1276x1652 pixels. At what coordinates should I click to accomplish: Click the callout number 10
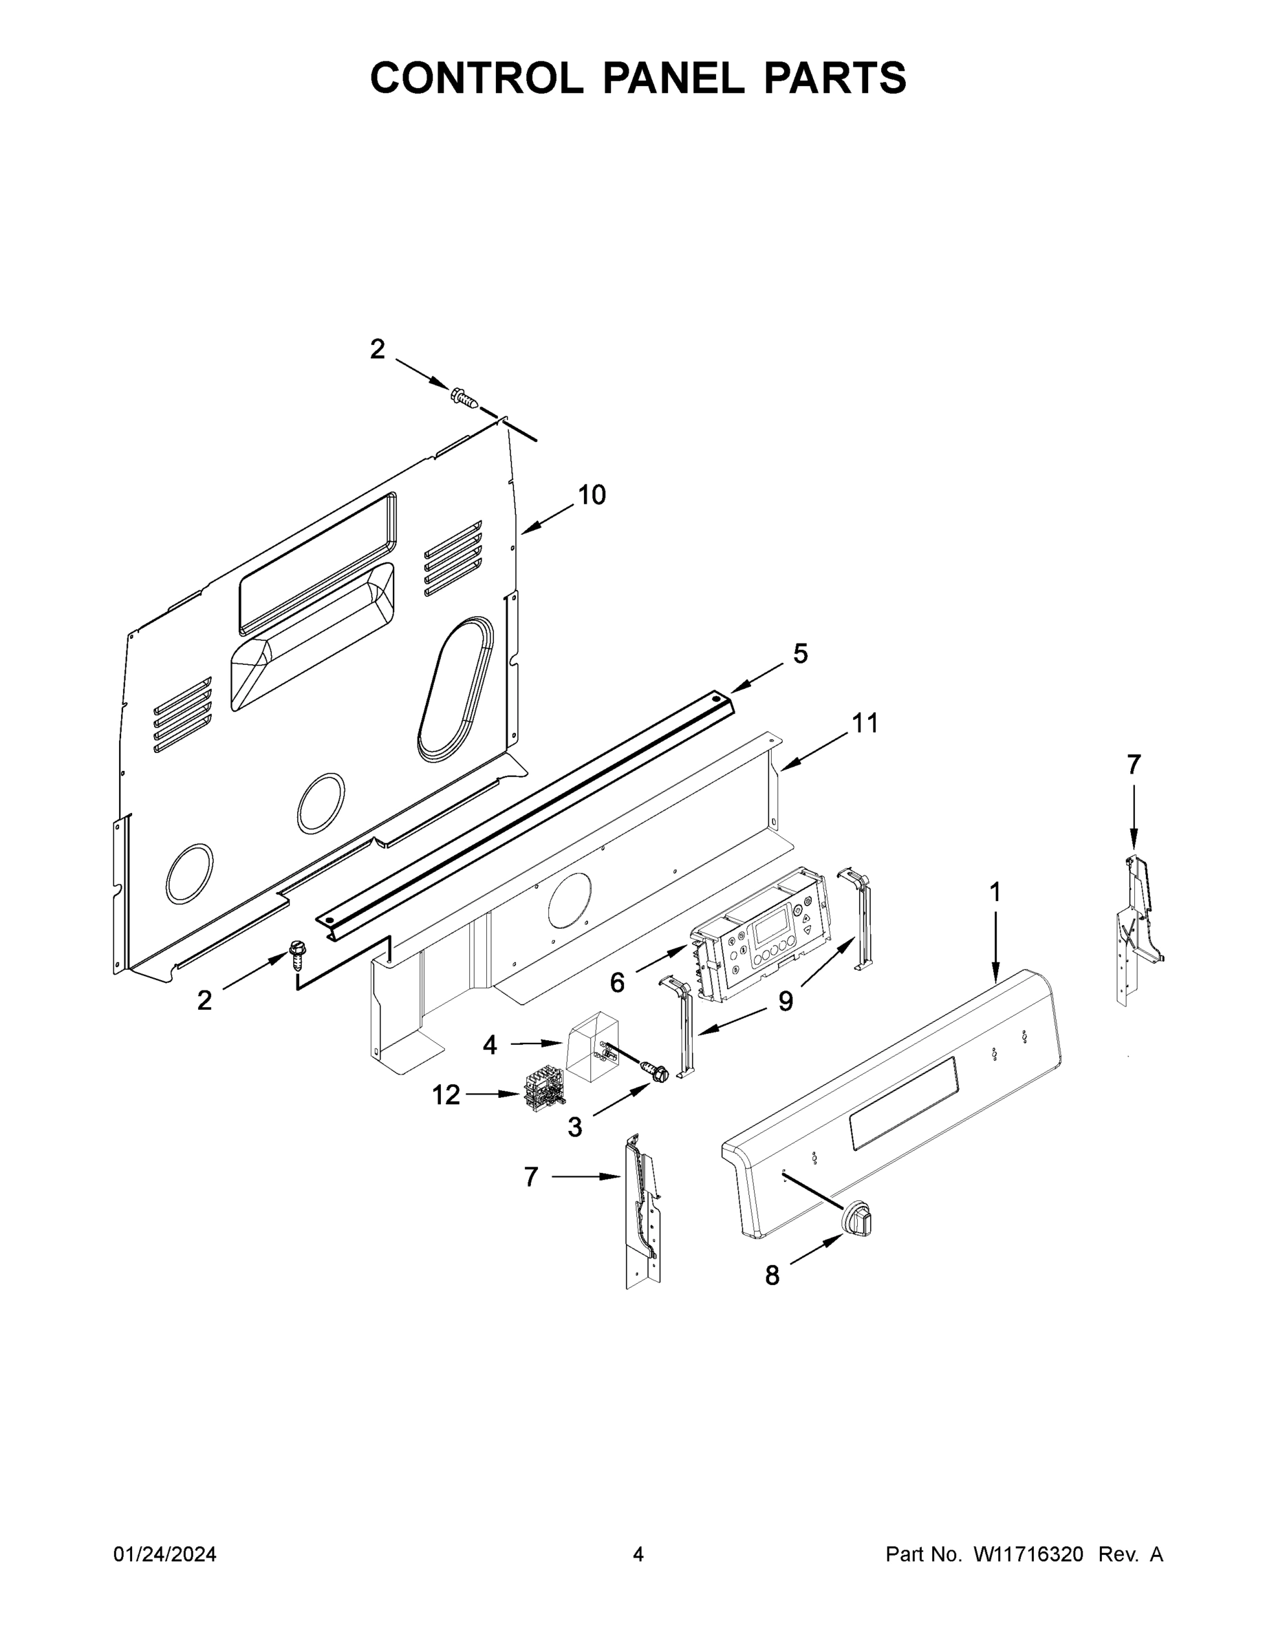pos(592,495)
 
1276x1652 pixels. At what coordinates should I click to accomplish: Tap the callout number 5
pos(800,653)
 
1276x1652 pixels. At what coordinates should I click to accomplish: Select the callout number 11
pos(865,723)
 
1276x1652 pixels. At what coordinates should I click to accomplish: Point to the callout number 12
pos(446,1094)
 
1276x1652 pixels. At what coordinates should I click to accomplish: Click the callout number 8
pos(772,1276)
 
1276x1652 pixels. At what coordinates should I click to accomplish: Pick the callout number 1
pos(995,893)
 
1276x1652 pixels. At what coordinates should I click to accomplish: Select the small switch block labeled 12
pos(542,1088)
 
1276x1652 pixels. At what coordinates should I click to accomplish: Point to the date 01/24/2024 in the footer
pos(165,1554)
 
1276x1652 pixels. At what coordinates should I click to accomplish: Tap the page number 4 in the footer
pos(638,1554)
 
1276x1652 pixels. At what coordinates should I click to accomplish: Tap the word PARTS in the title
pos(834,78)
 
